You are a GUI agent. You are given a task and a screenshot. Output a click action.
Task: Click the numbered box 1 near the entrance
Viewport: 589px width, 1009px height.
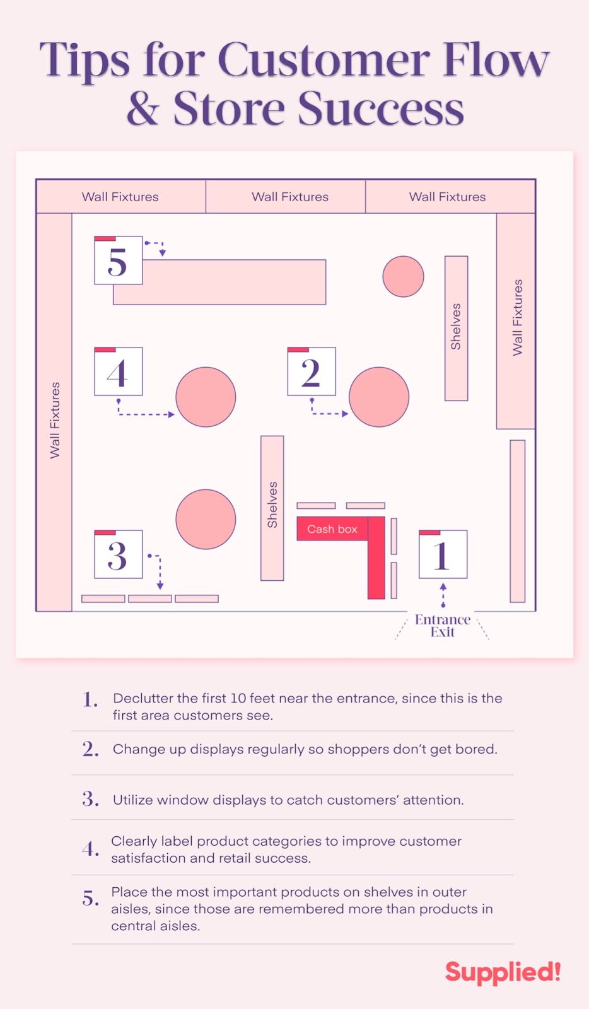click(443, 554)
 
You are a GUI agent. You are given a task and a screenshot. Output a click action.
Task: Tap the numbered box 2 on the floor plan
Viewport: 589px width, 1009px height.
click(311, 371)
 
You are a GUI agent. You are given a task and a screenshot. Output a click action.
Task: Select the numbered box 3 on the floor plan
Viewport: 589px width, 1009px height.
click(118, 554)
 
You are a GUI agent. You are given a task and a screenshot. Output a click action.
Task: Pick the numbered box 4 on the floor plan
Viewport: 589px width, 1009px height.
click(118, 371)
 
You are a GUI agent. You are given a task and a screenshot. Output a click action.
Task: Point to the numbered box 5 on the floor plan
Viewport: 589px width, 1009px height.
click(118, 260)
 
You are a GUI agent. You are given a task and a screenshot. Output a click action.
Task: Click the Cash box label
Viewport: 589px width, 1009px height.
click(332, 529)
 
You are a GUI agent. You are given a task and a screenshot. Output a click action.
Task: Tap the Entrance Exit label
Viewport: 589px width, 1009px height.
click(443, 626)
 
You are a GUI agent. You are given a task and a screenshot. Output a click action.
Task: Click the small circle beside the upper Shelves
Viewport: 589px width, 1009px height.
click(403, 276)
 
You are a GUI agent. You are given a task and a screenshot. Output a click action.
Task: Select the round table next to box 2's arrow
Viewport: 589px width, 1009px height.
click(379, 397)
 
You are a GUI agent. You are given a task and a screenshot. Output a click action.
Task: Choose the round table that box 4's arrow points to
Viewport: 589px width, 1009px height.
click(206, 397)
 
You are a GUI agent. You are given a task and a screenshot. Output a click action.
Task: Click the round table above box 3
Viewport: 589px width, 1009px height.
click(206, 519)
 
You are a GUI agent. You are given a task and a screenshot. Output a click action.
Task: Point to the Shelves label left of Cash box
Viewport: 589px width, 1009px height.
click(272, 504)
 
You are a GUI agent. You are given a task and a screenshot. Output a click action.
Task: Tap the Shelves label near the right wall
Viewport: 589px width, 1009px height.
click(456, 327)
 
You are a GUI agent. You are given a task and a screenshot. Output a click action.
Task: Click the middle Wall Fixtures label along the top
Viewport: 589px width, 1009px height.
click(290, 197)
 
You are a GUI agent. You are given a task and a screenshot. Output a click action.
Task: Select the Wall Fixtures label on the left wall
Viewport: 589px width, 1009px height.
click(55, 420)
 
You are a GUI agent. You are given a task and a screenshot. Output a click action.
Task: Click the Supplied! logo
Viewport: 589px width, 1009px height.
click(503, 972)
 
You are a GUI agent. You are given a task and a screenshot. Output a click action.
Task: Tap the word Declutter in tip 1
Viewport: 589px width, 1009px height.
click(143, 698)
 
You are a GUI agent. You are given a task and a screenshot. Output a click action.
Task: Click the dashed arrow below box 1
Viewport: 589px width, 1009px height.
click(443, 595)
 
